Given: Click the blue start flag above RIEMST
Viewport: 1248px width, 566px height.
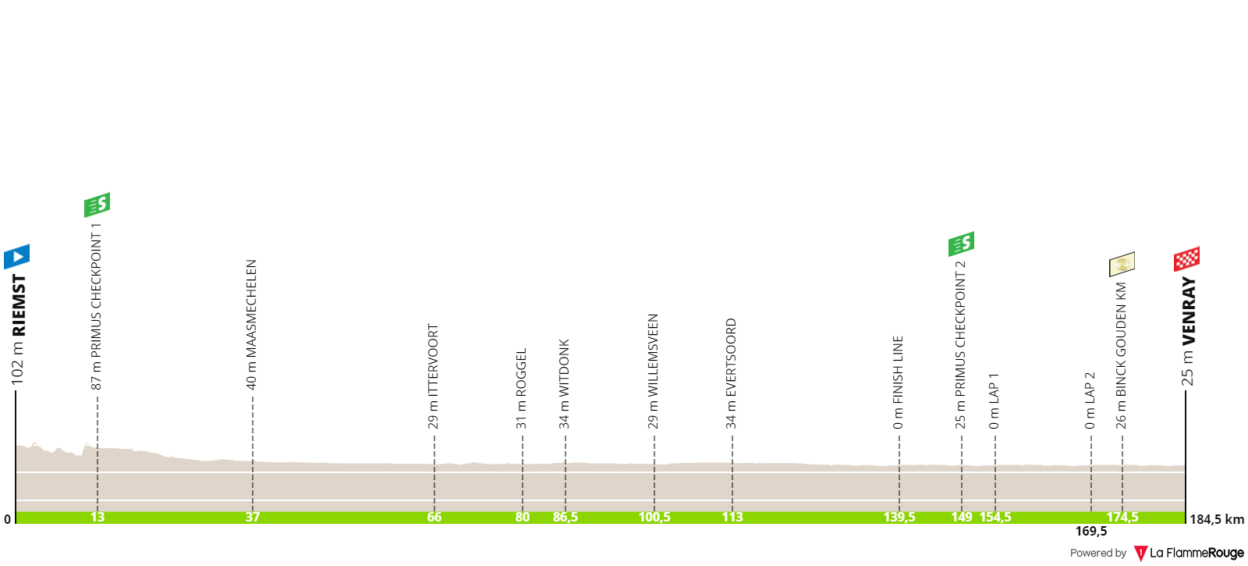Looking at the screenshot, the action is [x=16, y=257].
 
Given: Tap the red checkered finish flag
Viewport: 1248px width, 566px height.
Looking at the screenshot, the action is [x=1186, y=258].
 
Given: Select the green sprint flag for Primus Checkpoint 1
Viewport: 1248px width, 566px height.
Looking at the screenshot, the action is [x=97, y=205].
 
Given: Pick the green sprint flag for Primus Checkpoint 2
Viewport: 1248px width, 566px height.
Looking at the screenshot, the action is [x=961, y=244].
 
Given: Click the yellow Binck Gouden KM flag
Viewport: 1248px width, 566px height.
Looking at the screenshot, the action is [x=1122, y=265].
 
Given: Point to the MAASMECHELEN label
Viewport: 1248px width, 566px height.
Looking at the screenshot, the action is [x=251, y=308].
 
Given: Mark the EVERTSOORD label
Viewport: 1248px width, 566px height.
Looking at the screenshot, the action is [x=731, y=358].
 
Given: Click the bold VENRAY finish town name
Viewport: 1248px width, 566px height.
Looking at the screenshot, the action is [x=1189, y=311].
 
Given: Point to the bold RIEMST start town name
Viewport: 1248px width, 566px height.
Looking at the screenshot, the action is [x=19, y=305].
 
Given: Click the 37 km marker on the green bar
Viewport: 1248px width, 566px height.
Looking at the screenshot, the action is [x=253, y=518].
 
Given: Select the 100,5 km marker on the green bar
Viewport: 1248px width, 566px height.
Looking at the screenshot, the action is [x=654, y=518].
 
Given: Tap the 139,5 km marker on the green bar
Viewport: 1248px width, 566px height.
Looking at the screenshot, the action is [x=899, y=518].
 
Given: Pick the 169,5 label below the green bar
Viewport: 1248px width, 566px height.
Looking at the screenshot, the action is [x=1091, y=532].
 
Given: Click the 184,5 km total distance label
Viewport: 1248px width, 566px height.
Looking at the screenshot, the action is [x=1217, y=520].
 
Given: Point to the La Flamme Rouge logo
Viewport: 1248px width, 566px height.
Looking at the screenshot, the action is [x=1189, y=554].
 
